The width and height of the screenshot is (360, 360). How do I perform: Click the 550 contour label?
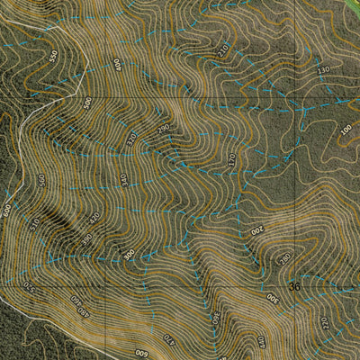53,55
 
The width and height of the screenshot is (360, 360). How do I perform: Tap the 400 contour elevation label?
117,66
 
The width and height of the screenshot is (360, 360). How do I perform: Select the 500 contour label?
87,103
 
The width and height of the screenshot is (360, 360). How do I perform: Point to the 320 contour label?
133,139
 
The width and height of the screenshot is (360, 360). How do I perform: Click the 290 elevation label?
163,130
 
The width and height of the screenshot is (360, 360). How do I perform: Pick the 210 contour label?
223,50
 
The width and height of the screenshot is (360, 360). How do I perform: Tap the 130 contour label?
324,69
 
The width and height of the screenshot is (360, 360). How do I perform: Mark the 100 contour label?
346,130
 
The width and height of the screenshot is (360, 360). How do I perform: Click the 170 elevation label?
231,159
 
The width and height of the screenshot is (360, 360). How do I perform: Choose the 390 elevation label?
86,238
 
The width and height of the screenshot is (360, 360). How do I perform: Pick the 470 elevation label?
168,340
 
